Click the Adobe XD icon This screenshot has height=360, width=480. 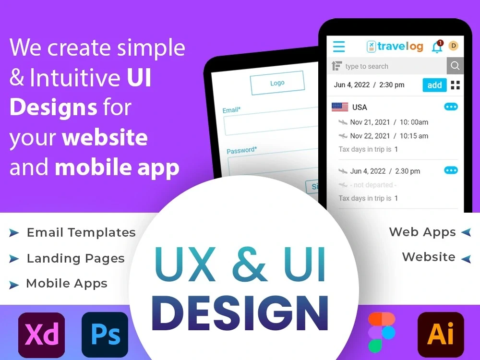click(x=41, y=335)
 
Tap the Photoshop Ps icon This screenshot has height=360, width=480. click(x=105, y=335)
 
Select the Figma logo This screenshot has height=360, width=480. click(x=382, y=332)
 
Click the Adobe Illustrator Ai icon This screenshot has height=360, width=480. click(x=441, y=335)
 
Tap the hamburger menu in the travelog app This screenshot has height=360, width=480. click(x=339, y=47)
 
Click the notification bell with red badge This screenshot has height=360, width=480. click(x=437, y=47)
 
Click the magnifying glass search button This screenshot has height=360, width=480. click(x=455, y=66)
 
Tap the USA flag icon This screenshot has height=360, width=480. click(x=340, y=107)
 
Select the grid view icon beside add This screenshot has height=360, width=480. click(x=455, y=85)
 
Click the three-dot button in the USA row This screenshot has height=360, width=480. click(x=451, y=107)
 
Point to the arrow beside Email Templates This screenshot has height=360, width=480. click(x=14, y=233)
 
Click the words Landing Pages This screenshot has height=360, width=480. click(x=75, y=258)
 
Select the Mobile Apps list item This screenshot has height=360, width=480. click(x=66, y=283)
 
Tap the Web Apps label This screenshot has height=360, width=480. click(x=422, y=232)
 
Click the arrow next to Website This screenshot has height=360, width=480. click(x=466, y=259)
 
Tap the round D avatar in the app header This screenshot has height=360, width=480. click(x=453, y=46)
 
